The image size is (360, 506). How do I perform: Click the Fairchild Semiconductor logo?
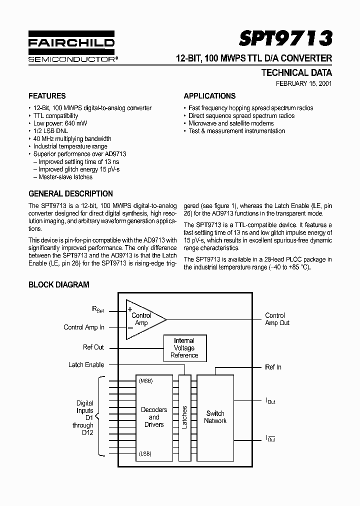(x=71, y=49)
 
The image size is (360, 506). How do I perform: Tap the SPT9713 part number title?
(x=285, y=38)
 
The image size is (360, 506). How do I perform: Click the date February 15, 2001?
(x=304, y=83)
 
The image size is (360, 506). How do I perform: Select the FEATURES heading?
(x=47, y=96)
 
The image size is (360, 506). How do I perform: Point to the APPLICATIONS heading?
(x=209, y=96)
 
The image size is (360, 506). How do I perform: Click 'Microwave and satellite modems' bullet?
(x=231, y=123)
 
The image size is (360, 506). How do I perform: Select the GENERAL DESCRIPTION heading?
(x=70, y=193)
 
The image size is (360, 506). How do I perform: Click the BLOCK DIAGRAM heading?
(x=58, y=284)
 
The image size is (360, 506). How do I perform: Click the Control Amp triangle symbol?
(x=143, y=319)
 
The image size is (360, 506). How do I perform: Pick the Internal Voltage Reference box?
(x=184, y=348)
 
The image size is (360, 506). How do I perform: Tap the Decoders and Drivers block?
(x=154, y=417)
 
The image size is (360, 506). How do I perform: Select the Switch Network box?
(x=215, y=417)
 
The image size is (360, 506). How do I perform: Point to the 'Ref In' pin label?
(x=273, y=367)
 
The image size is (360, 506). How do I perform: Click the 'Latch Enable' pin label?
(x=86, y=364)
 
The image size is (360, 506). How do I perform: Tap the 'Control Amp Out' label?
(x=277, y=319)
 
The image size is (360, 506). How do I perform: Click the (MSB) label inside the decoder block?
(x=146, y=380)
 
